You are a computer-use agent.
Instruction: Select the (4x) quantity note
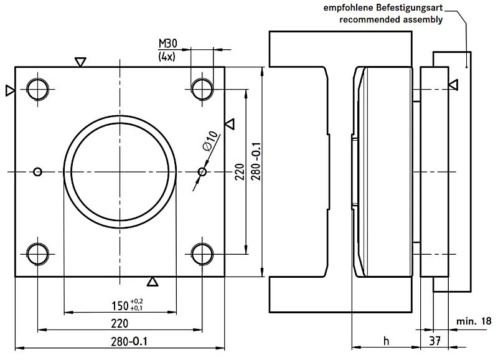tap(167, 57)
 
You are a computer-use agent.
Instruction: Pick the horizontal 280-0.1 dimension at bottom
tap(120, 341)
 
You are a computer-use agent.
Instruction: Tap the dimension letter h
tap(386, 341)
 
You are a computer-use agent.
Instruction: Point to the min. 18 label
tap(473, 321)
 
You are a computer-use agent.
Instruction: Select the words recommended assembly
tap(391, 19)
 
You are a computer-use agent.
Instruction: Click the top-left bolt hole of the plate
tap(38, 88)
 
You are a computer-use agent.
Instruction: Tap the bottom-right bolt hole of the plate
tap(202, 253)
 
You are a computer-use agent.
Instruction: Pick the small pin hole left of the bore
tap(38, 171)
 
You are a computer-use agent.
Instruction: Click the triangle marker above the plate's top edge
tap(80, 62)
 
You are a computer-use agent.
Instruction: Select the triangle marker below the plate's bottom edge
tap(153, 282)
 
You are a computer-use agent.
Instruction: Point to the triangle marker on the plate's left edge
tap(9, 90)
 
